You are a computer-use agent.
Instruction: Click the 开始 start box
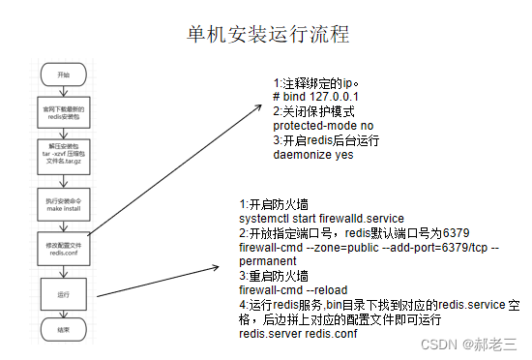(x=64, y=74)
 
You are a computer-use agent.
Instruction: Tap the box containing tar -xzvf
(x=64, y=157)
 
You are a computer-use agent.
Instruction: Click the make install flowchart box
(x=64, y=205)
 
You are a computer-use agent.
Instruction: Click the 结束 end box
(x=64, y=329)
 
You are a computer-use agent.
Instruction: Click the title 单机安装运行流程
(x=268, y=34)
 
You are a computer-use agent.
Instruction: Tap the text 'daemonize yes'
(x=313, y=154)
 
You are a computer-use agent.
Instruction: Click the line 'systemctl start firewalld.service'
(x=321, y=219)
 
